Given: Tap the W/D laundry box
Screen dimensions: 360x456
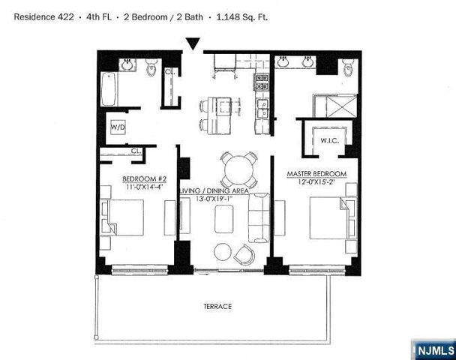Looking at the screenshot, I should pyautogui.click(x=118, y=127).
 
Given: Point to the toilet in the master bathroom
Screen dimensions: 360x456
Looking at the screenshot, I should pyautogui.click(x=346, y=70).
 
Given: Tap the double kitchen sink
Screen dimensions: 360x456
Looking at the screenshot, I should pyautogui.click(x=262, y=112).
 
